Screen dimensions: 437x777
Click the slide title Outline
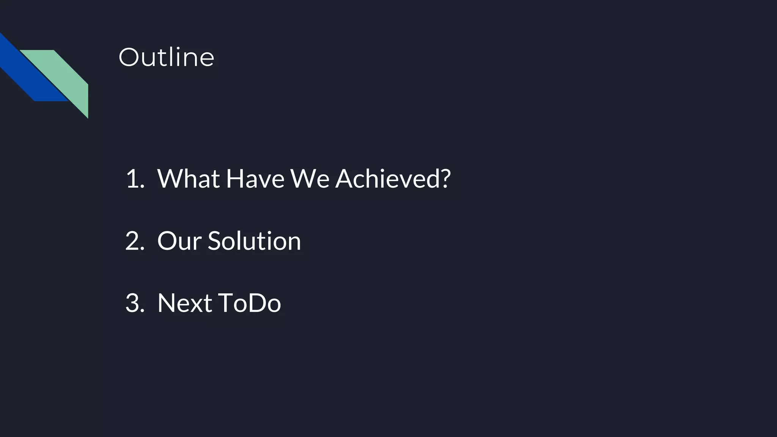(166, 57)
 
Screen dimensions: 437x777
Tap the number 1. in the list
(135, 178)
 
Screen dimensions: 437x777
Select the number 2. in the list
(135, 241)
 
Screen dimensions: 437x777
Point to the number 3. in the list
(135, 303)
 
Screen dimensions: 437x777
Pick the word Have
(255, 178)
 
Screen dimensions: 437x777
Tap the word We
(310, 178)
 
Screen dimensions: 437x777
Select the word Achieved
(387, 178)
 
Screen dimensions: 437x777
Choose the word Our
(179, 241)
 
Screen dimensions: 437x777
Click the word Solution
(254, 241)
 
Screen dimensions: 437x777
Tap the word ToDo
(249, 303)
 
